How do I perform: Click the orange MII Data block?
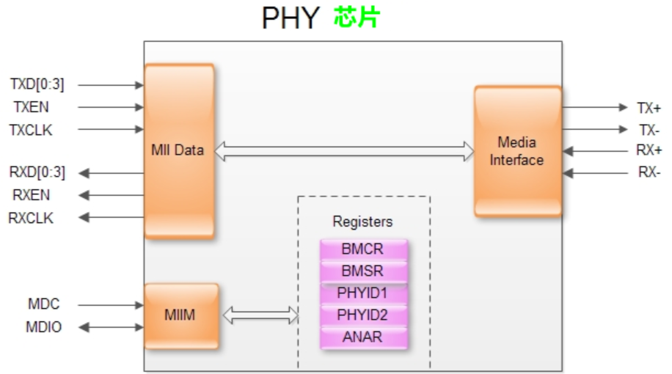179,151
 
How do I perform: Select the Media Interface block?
516,151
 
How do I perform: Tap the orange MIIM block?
180,316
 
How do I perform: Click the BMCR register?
362,249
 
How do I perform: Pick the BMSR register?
362,271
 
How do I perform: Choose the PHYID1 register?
362,293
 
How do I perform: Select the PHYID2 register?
362,316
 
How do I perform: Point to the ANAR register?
362,338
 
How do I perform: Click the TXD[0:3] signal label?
37,84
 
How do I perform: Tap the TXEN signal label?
32,107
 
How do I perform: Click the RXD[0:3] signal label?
37,173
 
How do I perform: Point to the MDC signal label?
43,304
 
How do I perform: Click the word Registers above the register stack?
362,221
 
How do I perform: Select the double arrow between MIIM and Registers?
260,316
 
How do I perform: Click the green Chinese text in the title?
357,18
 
